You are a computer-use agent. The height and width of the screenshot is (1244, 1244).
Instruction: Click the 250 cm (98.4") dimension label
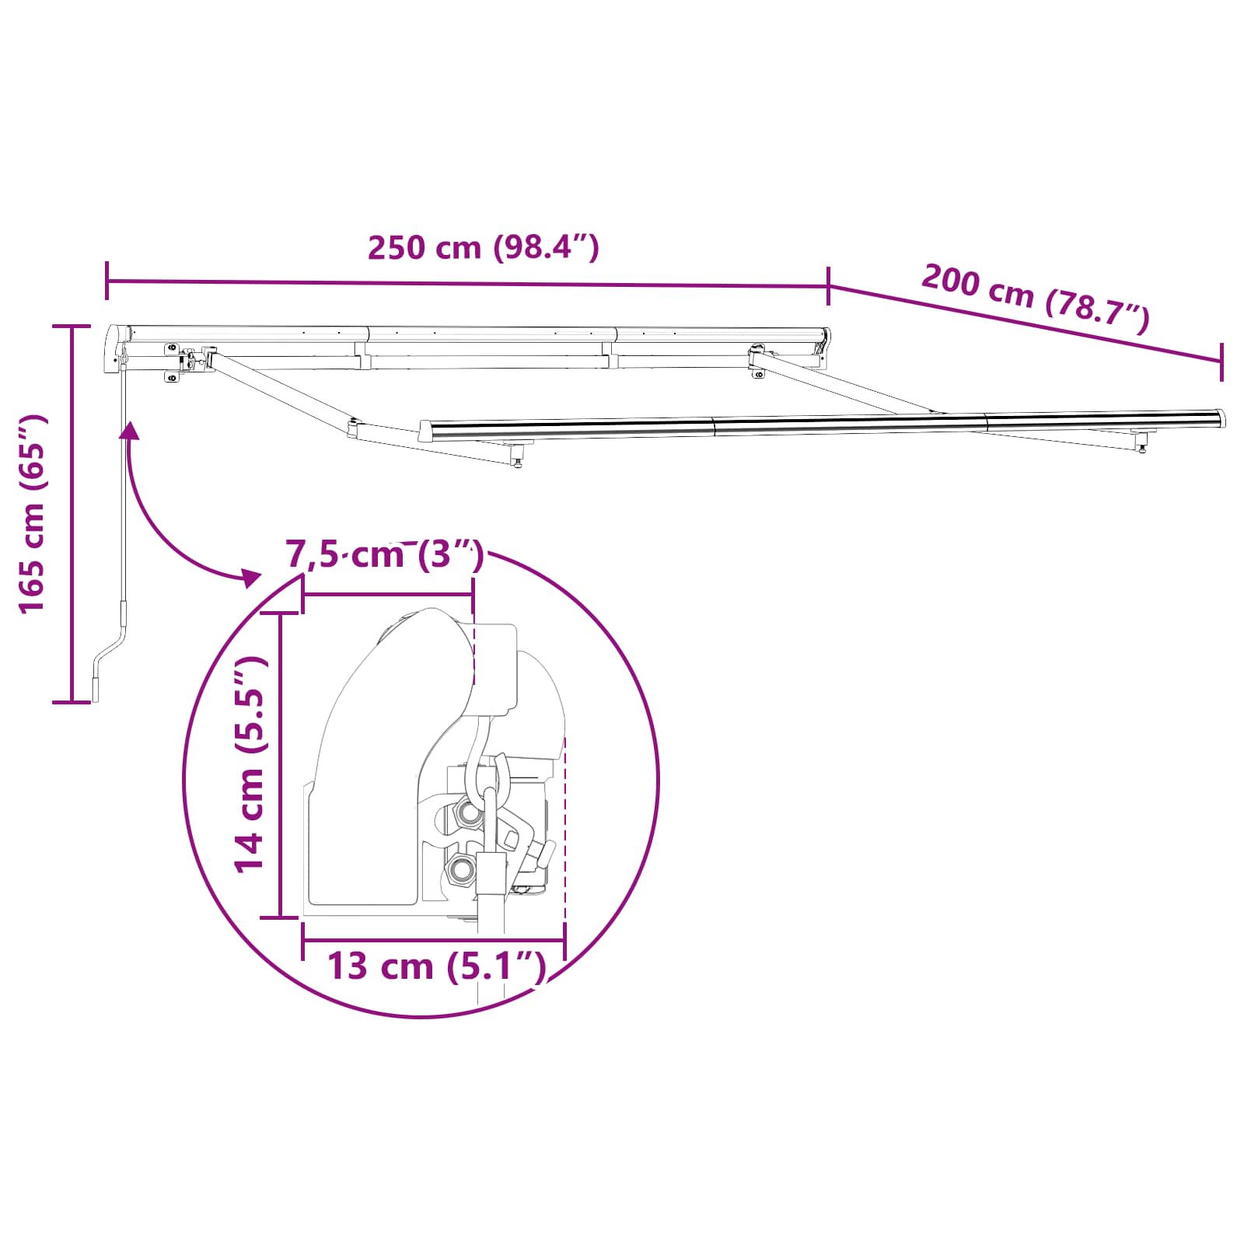tap(483, 247)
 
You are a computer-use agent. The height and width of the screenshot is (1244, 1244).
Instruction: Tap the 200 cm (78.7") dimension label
tap(1035, 299)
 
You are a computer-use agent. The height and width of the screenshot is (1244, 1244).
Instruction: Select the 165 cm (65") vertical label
tap(33, 514)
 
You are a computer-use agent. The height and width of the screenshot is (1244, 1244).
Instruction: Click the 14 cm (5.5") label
tap(251, 765)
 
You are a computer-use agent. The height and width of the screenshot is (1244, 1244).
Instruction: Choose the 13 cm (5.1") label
tap(436, 966)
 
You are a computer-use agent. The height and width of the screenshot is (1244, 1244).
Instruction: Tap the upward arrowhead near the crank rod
tap(130, 430)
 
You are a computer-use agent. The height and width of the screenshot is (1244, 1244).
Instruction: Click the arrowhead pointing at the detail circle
tap(250, 577)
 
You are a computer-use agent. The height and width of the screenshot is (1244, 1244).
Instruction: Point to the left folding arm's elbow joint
tap(354, 428)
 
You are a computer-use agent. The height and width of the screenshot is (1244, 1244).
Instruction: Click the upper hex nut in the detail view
tap(469, 812)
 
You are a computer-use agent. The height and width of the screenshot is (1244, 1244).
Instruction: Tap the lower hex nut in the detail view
tap(460, 868)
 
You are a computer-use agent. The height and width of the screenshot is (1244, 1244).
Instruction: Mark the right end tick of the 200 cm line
tap(1221, 362)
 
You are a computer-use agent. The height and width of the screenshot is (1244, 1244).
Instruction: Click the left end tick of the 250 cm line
tap(107, 280)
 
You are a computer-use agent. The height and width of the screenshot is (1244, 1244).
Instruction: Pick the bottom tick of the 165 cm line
tap(72, 702)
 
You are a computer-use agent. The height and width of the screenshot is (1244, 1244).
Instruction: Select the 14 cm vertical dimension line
tap(280, 765)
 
